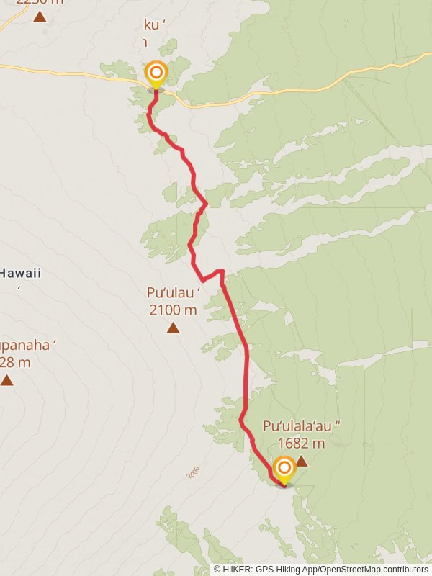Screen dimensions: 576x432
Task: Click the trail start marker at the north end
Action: tap(156, 73)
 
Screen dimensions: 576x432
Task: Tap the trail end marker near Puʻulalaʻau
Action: tap(284, 468)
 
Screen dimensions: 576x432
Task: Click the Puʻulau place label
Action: tap(173, 293)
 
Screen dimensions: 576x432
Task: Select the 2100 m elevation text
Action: tap(173, 310)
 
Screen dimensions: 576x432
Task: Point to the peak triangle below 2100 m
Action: tap(173, 328)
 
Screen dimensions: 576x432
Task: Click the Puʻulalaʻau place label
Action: tap(300, 426)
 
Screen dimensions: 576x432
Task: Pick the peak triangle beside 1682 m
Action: tap(302, 461)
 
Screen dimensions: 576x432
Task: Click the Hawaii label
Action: tap(21, 274)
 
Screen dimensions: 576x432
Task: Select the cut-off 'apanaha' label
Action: tap(27, 345)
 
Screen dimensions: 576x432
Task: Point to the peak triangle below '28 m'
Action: tap(7, 380)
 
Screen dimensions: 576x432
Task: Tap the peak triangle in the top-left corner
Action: tap(39, 16)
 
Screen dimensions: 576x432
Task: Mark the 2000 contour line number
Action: tap(192, 472)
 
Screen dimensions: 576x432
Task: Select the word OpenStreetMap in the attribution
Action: tap(351, 570)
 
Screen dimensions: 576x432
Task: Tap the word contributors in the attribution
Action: tap(405, 570)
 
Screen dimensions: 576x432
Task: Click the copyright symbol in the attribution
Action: tap(217, 570)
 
